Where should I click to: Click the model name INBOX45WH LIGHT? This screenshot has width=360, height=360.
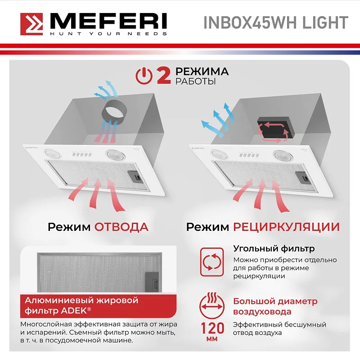click(276, 22)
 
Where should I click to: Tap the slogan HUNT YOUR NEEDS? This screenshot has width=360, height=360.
click(108, 34)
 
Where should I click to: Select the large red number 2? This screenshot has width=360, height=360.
click(163, 76)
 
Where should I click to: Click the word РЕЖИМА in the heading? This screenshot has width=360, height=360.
click(202, 72)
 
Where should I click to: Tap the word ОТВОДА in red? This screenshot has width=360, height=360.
click(121, 226)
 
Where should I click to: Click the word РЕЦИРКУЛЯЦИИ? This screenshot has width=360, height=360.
click(286, 226)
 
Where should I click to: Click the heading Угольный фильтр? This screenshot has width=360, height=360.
click(274, 248)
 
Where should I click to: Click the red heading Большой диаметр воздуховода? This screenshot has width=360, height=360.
click(275, 306)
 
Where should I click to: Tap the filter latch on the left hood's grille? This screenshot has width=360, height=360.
click(135, 176)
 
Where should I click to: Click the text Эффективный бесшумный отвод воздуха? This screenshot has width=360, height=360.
click(279, 328)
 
